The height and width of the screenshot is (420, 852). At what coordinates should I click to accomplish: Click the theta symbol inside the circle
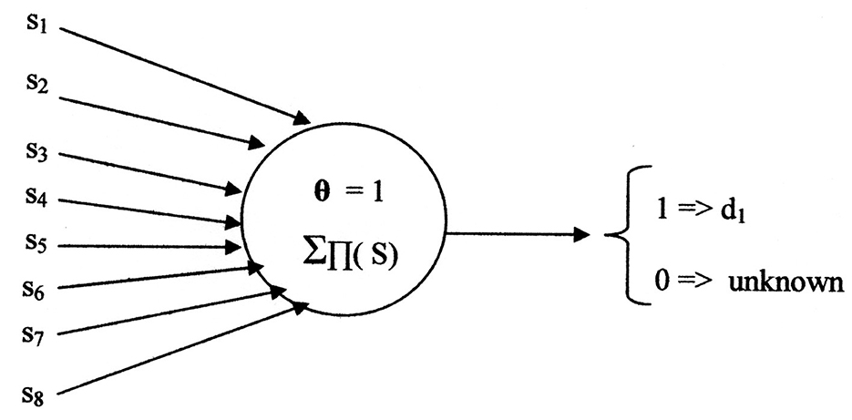[315, 193]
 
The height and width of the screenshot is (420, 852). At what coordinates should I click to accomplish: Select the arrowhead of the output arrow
[580, 235]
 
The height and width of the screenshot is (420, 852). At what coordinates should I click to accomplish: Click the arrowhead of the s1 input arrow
[302, 119]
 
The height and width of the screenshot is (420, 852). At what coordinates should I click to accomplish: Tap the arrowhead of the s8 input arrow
[299, 309]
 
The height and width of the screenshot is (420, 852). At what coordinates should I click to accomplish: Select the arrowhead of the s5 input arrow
[234, 246]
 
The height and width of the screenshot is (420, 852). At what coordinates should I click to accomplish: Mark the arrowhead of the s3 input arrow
[234, 190]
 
